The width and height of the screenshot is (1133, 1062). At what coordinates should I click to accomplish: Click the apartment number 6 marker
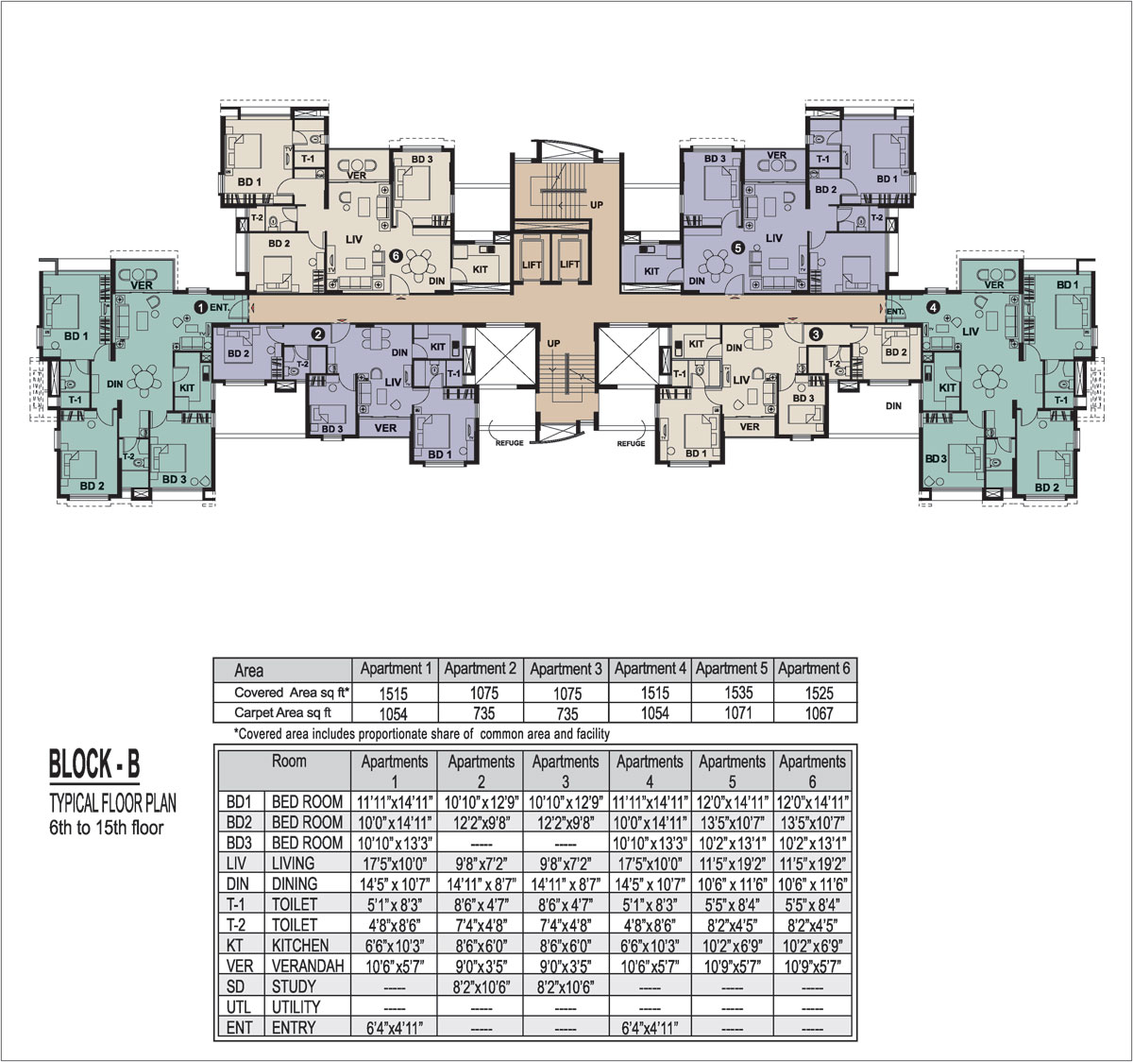coord(396,256)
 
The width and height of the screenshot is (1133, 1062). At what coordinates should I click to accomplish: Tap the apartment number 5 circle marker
coord(738,248)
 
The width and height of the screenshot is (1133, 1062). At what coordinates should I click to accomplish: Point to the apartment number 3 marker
coord(816,334)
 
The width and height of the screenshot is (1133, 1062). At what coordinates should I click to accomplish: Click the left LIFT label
coord(532,265)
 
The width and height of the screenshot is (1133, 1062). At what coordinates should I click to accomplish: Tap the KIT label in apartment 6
coord(480,269)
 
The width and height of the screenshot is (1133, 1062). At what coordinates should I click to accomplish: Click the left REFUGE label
coord(510,443)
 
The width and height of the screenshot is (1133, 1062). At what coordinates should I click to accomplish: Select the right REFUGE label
coord(631,443)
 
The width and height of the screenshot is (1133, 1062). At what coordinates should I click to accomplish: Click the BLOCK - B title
coord(94,764)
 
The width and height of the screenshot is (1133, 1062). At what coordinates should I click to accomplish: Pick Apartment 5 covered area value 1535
coord(738,693)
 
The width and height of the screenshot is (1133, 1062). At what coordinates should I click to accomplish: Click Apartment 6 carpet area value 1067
coord(820,713)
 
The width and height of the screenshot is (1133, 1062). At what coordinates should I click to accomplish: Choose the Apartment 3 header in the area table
coord(566,669)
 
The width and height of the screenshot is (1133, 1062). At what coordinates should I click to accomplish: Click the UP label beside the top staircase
coord(597,205)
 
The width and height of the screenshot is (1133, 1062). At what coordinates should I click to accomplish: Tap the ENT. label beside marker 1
coord(220,307)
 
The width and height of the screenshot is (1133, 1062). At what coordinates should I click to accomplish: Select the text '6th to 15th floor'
coord(107,828)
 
